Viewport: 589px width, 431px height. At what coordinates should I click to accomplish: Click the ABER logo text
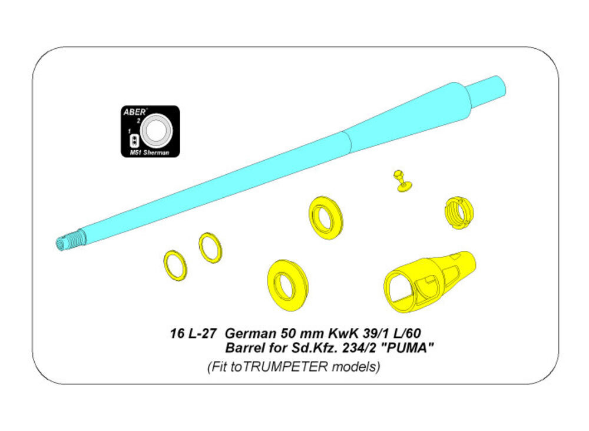[134, 112]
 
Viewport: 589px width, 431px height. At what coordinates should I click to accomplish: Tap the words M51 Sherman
[150, 152]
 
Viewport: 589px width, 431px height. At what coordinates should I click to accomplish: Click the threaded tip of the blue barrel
[71, 239]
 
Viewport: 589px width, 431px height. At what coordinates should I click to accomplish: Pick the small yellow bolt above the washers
[402, 181]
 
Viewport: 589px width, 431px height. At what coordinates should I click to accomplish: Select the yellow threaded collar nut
[459, 213]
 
